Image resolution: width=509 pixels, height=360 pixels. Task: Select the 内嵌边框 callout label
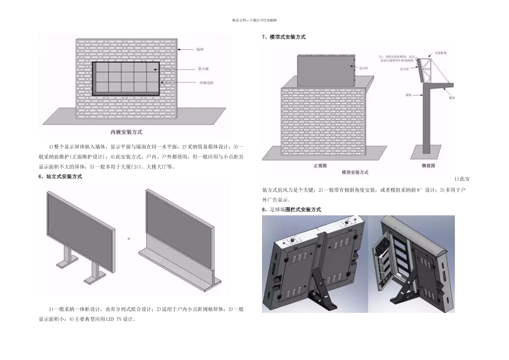(x=206, y=82)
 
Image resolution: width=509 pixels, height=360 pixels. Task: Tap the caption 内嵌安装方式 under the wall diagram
(x=126, y=131)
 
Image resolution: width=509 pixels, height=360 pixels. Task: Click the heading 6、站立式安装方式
(x=61, y=176)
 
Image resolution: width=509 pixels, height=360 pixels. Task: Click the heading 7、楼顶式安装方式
(x=284, y=37)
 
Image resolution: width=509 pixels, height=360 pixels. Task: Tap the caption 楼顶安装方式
(x=355, y=172)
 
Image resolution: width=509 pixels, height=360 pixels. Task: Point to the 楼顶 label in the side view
(x=452, y=98)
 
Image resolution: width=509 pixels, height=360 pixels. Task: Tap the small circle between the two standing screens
(x=129, y=237)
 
